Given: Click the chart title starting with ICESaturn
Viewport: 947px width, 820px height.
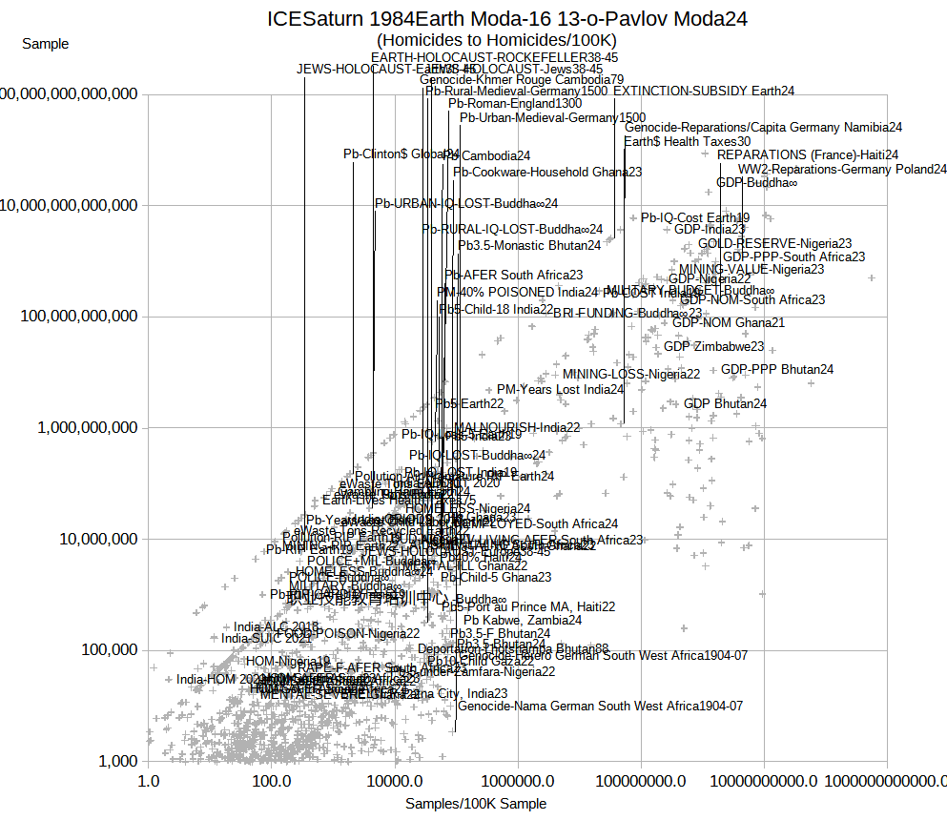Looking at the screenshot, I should pyautogui.click(x=506, y=19).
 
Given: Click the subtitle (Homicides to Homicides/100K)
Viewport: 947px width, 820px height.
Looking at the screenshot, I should pyautogui.click(x=497, y=40).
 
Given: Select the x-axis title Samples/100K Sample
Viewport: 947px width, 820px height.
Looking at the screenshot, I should pyautogui.click(x=476, y=804).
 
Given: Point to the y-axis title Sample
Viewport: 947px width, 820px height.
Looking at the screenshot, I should pyautogui.click(x=45, y=44).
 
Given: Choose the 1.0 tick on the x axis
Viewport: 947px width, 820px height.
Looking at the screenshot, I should pyautogui.click(x=148, y=781).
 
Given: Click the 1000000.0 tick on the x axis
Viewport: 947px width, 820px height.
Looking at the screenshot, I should pyautogui.click(x=518, y=781).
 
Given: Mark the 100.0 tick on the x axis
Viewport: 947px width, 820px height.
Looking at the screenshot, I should pyautogui.click(x=271, y=781).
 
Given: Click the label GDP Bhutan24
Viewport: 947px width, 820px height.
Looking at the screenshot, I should pyautogui.click(x=725, y=404).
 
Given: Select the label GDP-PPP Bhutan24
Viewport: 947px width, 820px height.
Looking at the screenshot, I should pyautogui.click(x=776, y=370).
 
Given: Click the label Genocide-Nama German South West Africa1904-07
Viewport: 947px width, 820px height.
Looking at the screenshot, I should pyautogui.click(x=600, y=707).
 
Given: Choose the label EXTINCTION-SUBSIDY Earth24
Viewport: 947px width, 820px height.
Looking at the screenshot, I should pyautogui.click(x=704, y=92).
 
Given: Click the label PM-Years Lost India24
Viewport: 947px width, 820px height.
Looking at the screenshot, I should pyautogui.click(x=560, y=390).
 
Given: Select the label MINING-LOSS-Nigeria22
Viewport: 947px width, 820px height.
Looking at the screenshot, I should pyautogui.click(x=631, y=374).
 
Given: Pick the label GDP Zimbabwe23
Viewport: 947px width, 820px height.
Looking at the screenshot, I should pyautogui.click(x=713, y=347).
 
